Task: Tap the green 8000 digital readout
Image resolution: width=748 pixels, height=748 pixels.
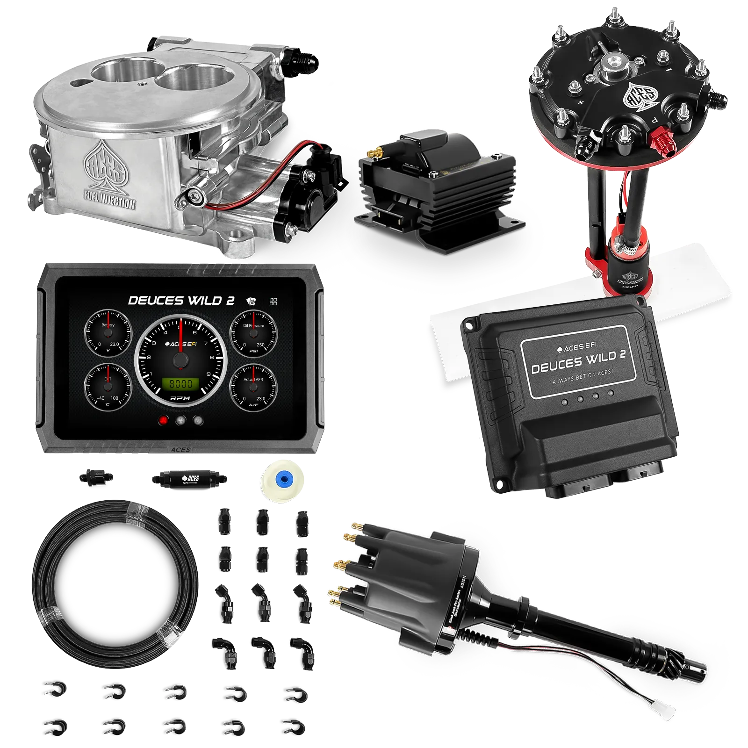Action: click(x=180, y=384)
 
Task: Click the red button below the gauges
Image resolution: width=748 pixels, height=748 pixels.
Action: click(x=163, y=420)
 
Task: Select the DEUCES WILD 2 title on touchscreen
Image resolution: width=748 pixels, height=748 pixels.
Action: click(x=181, y=301)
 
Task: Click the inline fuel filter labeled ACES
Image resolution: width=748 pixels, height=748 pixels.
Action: click(x=189, y=479)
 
